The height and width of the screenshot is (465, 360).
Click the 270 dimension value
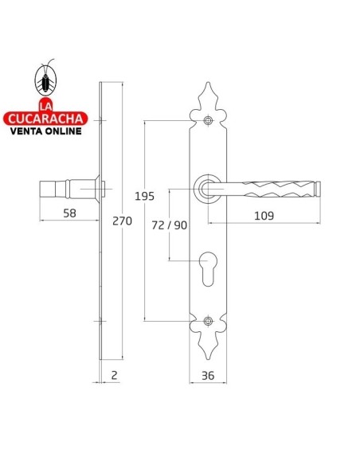(122, 221)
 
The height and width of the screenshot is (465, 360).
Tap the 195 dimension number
(145, 197)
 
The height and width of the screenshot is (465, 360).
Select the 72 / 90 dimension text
(170, 225)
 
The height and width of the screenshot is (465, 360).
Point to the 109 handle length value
(264, 216)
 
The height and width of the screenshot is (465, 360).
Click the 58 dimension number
(69, 213)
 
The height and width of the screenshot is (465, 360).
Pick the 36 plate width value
(208, 376)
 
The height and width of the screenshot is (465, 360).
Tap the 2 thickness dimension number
(114, 375)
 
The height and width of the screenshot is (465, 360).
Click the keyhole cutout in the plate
(208, 268)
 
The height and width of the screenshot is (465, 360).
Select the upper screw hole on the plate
(208, 120)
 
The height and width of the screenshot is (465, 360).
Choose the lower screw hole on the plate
(208, 321)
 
